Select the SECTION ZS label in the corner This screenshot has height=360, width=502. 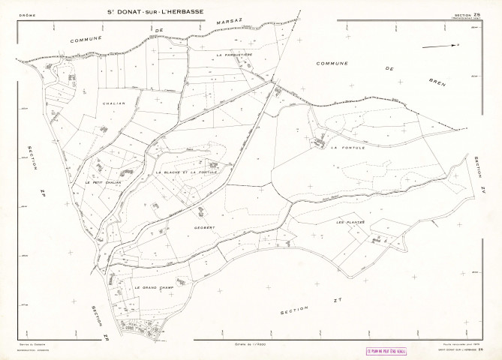click(x=467, y=13)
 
